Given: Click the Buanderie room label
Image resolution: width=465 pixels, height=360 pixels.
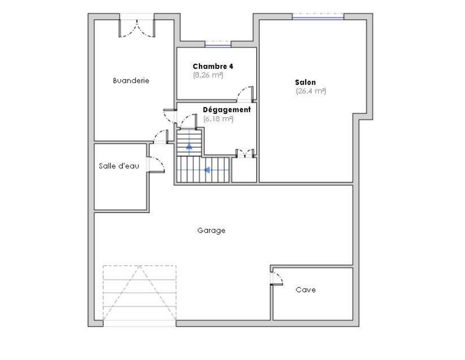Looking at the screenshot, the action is point(131,80).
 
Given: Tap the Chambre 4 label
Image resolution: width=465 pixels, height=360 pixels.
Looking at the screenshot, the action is point(213,66).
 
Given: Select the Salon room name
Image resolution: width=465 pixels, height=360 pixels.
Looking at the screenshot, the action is point(305,82).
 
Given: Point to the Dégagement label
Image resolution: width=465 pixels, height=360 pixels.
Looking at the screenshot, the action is point(227,109).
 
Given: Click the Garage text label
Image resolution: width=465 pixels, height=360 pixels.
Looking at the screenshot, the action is point(211,230).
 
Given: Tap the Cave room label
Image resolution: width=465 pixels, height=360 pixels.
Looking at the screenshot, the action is point(305,290).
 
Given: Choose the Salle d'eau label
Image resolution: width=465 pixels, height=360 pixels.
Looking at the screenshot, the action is point(119,166).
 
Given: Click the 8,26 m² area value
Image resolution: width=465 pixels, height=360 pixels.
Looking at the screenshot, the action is point(208,75).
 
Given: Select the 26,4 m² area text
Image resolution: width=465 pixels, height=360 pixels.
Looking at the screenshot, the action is point(311,91).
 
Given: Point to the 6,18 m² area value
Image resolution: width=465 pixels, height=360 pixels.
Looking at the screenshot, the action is point(218,119).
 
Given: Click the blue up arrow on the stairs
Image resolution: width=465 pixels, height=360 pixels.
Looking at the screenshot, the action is point(189,146).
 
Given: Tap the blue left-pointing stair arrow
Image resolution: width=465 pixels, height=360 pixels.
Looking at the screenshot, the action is point(207,170).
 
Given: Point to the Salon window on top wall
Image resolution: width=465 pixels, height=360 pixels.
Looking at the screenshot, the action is point(318,17).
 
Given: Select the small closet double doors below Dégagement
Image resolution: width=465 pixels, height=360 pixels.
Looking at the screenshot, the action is point(245,153).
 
